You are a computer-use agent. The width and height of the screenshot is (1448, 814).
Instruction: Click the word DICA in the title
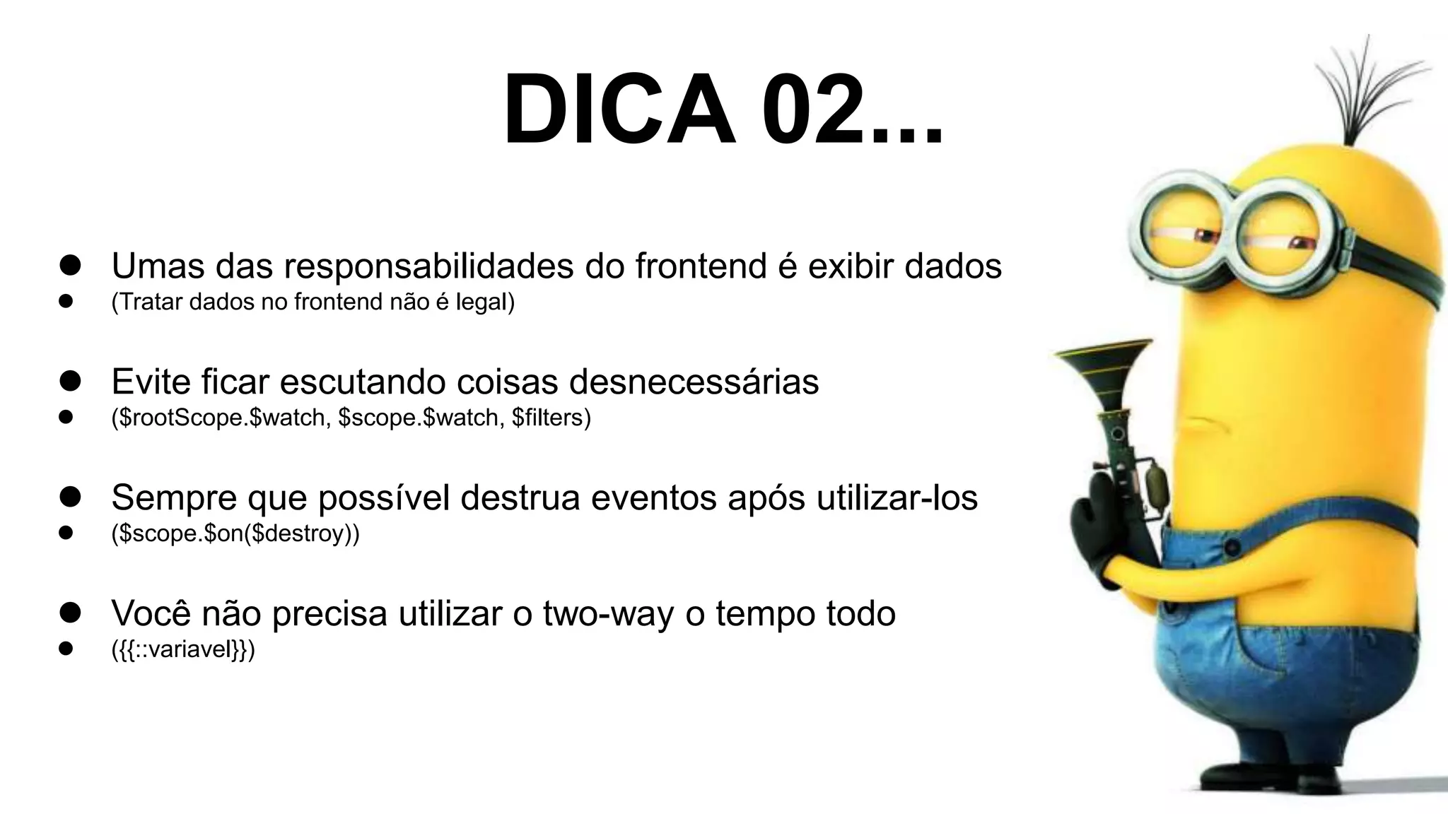tap(619, 110)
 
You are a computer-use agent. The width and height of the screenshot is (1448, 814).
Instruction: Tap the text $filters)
tap(551, 418)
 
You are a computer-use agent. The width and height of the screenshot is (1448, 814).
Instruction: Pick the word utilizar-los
tap(897, 498)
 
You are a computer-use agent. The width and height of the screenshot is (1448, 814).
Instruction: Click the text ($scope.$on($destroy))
tap(235, 533)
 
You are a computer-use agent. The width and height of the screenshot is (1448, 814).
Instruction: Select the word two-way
tap(608, 613)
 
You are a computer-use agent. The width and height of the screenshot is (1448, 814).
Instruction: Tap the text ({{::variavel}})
tap(183, 649)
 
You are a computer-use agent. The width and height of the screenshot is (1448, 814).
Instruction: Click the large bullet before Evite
tap(70, 382)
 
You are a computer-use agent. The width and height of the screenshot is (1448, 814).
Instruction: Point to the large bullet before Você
tap(70, 613)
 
